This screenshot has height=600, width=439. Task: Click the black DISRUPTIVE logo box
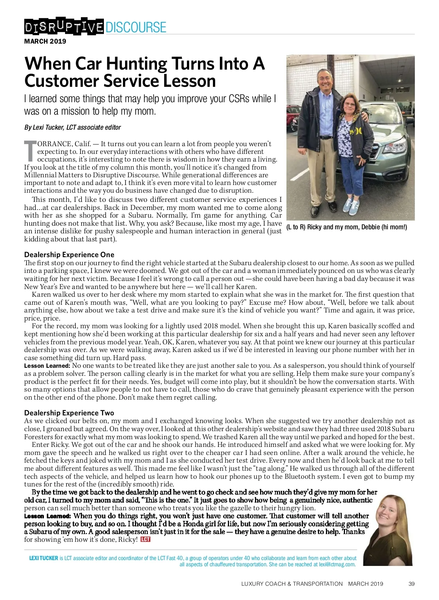point(64,27)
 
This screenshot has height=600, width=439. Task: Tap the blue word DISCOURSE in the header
point(136,27)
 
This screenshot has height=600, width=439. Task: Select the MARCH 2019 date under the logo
point(45,41)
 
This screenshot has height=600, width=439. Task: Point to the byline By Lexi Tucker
point(72,127)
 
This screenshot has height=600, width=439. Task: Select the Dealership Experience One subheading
point(69,255)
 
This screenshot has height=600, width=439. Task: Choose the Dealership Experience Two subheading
point(69,413)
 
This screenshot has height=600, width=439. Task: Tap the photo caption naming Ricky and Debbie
point(346,227)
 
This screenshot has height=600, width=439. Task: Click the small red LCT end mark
point(146,539)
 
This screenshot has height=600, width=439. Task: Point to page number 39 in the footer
point(411,584)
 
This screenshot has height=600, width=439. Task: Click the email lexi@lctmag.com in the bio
point(337,564)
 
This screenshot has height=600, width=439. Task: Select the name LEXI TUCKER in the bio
point(44,558)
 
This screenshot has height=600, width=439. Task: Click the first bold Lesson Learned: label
point(47,366)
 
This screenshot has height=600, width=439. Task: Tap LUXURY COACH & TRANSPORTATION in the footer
point(292,584)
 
